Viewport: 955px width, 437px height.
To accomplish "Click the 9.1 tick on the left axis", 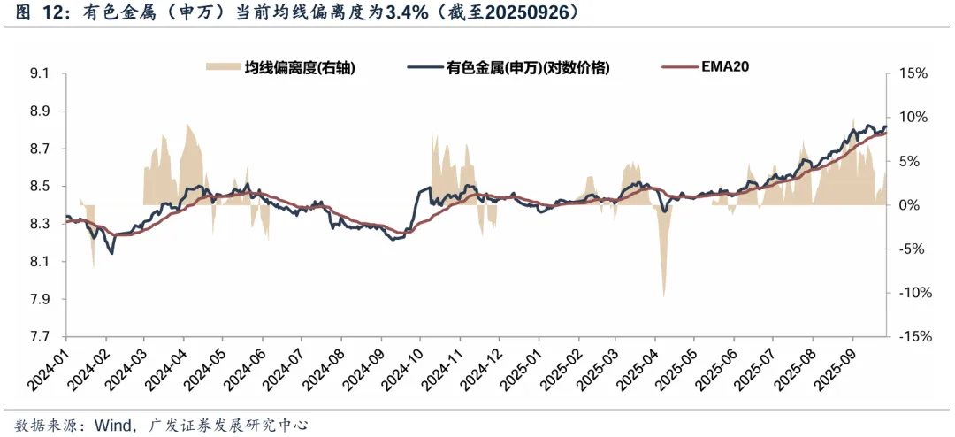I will pyautogui.click(x=40, y=73).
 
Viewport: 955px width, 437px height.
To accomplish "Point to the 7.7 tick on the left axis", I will pyautogui.click(x=40, y=337).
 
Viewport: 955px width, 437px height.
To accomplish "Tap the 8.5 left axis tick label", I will pyautogui.click(x=40, y=187).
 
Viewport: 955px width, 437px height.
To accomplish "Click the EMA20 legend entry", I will pyautogui.click(x=725, y=67).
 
